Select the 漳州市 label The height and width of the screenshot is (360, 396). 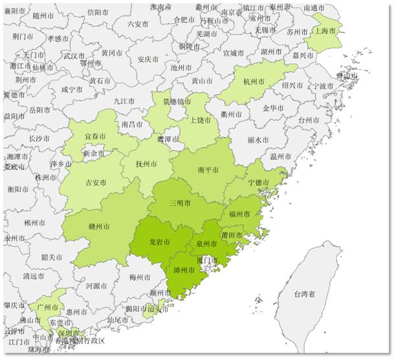click(184, 270)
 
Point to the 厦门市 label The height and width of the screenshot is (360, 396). click(206, 260)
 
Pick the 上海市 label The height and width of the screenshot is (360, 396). click(325, 30)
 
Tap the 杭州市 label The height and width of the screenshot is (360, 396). click(254, 82)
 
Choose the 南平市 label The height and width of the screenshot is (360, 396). click(208, 169)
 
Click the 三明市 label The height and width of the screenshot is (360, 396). click(180, 203)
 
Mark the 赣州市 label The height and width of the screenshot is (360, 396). click(98, 227)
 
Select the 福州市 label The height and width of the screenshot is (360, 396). click(239, 213)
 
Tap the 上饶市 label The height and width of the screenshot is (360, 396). click(201, 120)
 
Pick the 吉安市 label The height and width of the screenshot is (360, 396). click(96, 183)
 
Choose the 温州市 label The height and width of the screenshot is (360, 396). click(280, 156)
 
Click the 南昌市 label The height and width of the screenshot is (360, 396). click(131, 123)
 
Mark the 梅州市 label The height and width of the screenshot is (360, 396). click(140, 278)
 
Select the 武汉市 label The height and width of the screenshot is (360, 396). click(74, 56)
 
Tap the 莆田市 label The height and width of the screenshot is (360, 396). click(231, 235)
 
